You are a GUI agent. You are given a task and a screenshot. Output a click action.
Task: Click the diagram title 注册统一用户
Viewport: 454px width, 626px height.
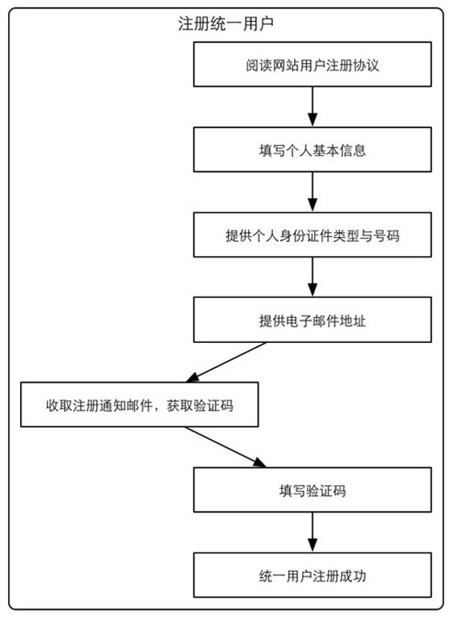click(225, 24)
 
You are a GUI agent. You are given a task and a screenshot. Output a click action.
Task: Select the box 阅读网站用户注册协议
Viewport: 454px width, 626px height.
click(313, 64)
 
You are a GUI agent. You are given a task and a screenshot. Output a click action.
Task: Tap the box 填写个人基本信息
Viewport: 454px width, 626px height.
click(313, 150)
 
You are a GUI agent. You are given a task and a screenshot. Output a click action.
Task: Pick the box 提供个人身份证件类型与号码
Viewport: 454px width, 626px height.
click(313, 235)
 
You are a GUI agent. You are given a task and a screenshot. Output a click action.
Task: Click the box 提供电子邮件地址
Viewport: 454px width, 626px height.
click(313, 319)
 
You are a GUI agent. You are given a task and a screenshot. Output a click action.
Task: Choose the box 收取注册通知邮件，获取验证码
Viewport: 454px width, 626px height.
click(140, 405)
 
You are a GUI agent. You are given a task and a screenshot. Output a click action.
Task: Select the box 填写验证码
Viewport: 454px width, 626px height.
click(313, 490)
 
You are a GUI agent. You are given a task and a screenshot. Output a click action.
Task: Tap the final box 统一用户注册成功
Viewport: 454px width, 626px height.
click(313, 575)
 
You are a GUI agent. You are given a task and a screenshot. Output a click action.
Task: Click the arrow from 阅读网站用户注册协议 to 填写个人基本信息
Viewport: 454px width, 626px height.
click(313, 107)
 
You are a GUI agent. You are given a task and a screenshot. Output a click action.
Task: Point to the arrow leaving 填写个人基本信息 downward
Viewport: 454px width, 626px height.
click(313, 192)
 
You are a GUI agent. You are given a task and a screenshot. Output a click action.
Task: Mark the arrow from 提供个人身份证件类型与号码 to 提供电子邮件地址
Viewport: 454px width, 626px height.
click(313, 277)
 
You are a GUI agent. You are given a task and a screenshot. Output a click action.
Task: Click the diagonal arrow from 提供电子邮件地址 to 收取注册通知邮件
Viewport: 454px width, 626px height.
click(226, 362)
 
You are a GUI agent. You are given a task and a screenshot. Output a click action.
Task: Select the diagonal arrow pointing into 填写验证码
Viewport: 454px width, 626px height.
click(225, 447)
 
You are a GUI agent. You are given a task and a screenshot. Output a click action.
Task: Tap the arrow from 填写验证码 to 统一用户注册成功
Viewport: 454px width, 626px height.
click(313, 532)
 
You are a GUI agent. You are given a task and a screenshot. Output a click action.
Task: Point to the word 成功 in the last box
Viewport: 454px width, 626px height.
click(353, 576)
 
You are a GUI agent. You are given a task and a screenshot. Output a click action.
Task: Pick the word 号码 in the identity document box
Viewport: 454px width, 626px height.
click(386, 235)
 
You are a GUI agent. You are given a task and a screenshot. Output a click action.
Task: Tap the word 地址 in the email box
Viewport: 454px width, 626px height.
click(353, 320)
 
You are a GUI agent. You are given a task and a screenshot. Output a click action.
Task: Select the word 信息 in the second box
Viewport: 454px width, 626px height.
click(353, 150)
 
